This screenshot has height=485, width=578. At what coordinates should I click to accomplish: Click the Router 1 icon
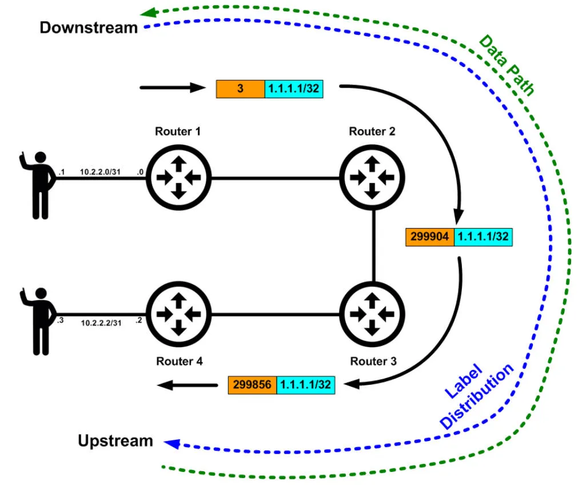click(x=178, y=178)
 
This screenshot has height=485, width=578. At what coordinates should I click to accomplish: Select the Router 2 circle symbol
click(x=372, y=178)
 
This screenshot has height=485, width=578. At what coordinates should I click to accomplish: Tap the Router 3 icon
click(x=372, y=313)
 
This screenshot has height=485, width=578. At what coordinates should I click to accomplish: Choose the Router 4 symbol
click(x=178, y=313)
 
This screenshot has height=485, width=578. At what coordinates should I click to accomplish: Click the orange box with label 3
click(x=240, y=89)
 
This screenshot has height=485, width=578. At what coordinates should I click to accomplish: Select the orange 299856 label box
click(x=252, y=385)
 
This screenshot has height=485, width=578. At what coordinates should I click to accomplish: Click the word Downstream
click(x=89, y=27)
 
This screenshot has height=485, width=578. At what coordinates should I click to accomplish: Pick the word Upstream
click(x=115, y=441)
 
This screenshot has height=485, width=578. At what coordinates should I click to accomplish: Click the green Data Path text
click(x=506, y=65)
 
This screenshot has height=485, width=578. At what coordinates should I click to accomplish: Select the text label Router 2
click(x=372, y=132)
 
